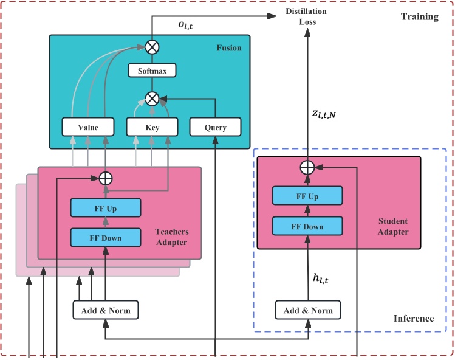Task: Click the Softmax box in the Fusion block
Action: point(152,71)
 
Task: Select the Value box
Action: point(88,128)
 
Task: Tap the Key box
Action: point(152,128)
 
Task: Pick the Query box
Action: point(216,128)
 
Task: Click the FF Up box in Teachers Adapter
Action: point(106,209)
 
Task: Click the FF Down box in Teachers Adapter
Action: point(106,238)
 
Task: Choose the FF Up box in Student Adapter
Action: point(307,196)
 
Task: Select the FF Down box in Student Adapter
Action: point(307,226)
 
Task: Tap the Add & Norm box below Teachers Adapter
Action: point(106,310)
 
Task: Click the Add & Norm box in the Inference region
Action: point(308,310)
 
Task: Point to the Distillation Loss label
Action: point(307,16)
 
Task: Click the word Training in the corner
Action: point(419,16)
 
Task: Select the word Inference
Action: point(414,318)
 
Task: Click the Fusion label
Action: point(228,47)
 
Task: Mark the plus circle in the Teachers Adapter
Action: point(106,179)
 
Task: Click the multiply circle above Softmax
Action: point(152,46)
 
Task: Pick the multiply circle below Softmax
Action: point(152,98)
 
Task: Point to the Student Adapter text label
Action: point(393,226)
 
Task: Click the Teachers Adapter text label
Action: point(172,237)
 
